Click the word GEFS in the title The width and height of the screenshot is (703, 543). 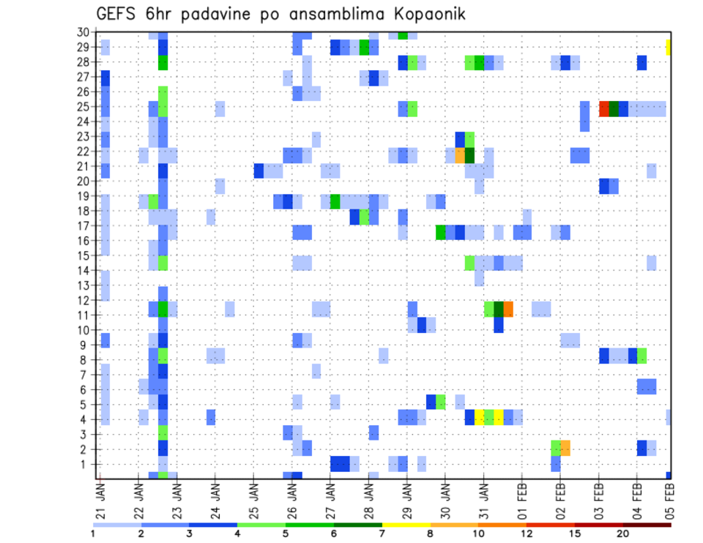120,14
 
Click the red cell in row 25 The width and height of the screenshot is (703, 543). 604,108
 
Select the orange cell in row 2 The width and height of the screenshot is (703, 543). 565,448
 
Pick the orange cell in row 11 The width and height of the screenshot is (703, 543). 508,309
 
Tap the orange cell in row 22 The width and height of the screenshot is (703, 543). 460,155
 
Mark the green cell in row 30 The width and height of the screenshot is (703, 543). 403,34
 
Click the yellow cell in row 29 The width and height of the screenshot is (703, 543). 669,48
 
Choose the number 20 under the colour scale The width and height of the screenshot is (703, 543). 623,533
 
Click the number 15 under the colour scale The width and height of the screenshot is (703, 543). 575,533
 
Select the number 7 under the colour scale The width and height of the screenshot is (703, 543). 382,533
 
